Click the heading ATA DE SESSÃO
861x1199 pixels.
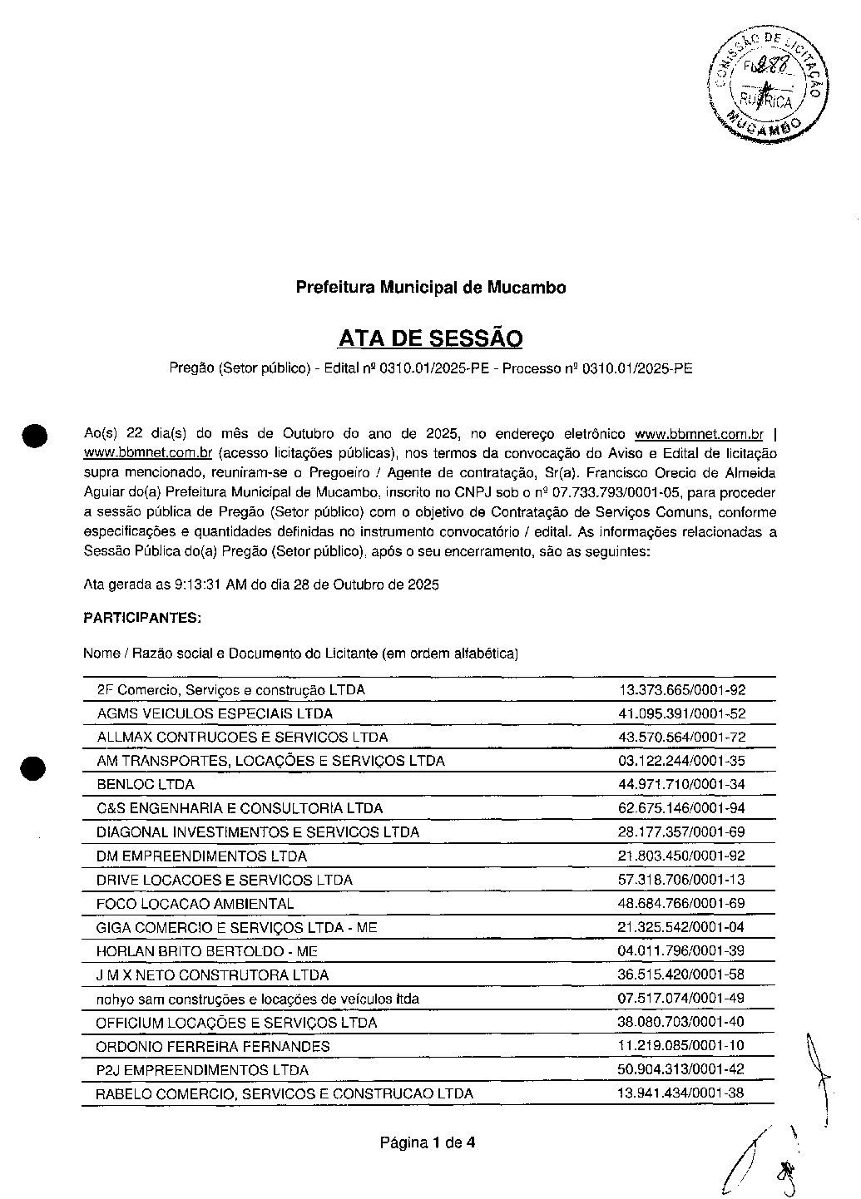point(430,339)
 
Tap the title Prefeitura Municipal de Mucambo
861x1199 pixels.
point(430,288)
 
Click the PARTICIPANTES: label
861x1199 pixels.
point(141,619)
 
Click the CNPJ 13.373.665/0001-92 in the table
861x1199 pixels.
point(681,690)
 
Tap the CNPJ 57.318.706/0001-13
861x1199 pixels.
point(681,880)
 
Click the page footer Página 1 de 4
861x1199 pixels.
point(428,1143)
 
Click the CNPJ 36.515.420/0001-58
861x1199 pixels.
point(681,975)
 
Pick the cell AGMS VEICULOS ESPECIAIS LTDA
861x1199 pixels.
point(215,714)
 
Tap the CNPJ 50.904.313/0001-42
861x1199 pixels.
point(681,1070)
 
